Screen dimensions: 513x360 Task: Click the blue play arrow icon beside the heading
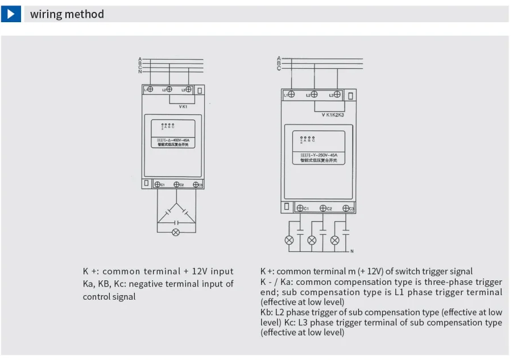[x=11, y=14]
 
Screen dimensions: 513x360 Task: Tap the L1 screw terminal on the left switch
[x=150, y=89]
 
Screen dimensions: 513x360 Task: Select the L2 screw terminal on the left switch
[x=169, y=89]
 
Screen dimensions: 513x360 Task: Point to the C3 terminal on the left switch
[x=196, y=184]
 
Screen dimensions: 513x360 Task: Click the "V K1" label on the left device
[x=183, y=106]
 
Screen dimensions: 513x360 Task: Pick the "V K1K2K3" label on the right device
[x=333, y=114]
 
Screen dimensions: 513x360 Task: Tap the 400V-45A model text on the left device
[x=176, y=140]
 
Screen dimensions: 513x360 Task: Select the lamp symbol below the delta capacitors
[x=176, y=231]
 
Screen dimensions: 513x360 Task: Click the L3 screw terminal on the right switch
[x=337, y=94]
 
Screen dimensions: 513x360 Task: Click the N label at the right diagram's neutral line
[x=351, y=251]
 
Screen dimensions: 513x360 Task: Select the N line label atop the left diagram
[x=139, y=72]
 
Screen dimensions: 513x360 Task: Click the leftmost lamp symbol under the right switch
[x=289, y=240]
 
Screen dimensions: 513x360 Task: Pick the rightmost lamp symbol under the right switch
[x=335, y=240]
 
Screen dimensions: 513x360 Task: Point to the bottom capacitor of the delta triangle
[x=176, y=221]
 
